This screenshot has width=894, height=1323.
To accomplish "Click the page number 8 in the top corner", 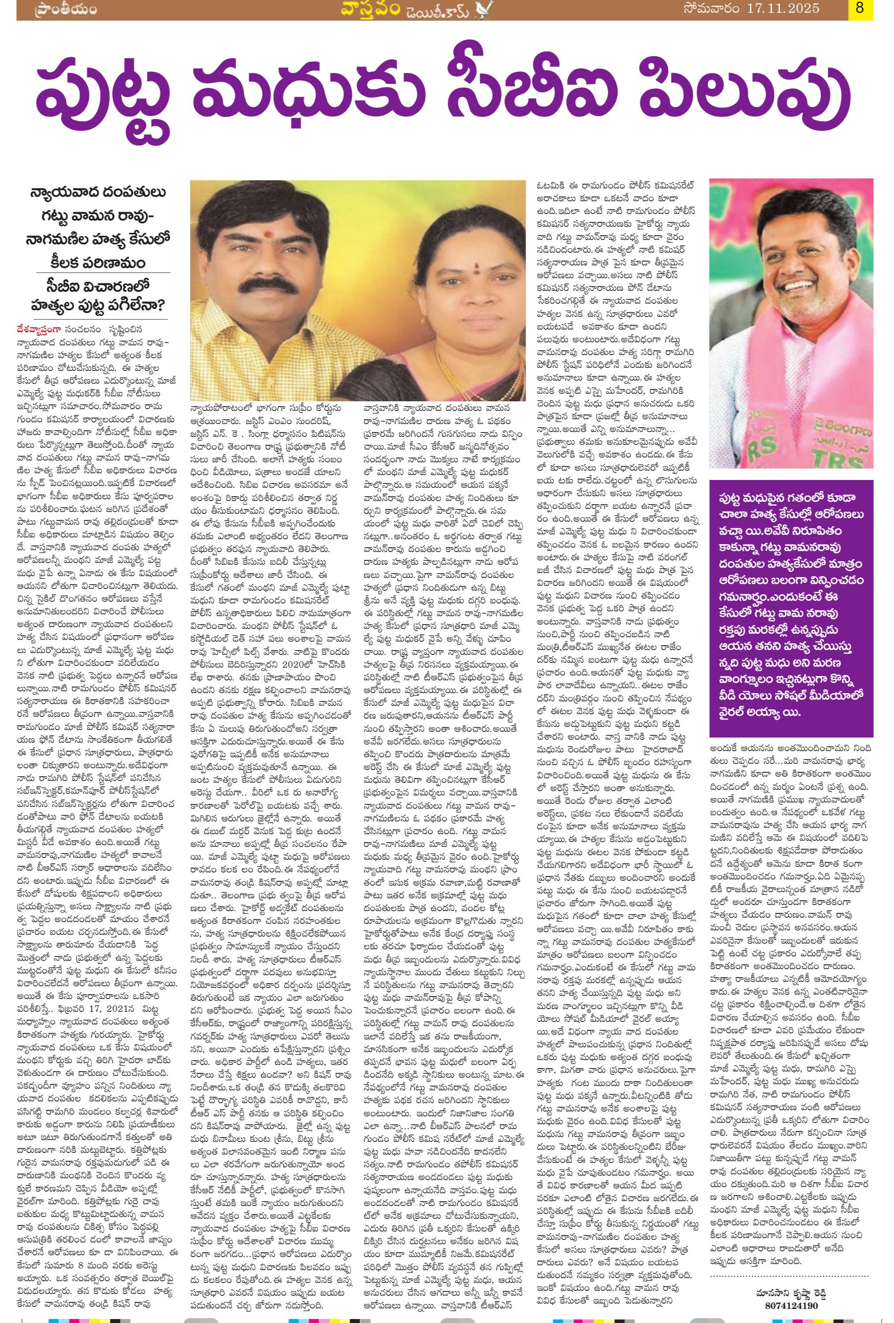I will coord(860,8).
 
